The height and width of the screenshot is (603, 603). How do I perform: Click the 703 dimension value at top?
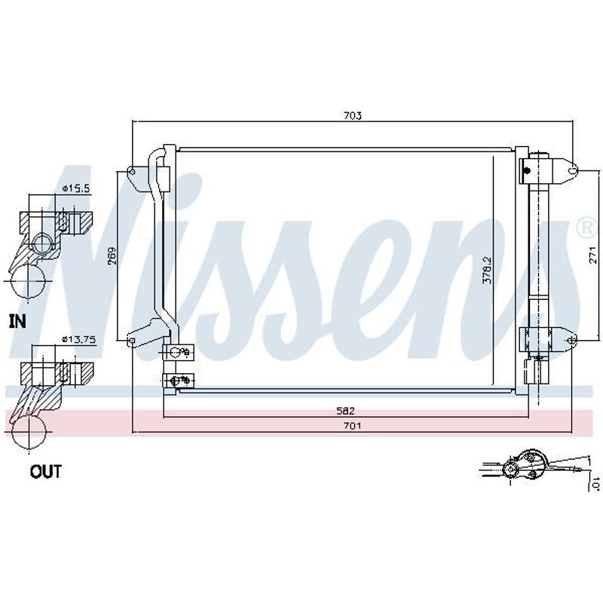(x=353, y=115)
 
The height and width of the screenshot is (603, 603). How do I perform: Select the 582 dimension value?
(x=345, y=411)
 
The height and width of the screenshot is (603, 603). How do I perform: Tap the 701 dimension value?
(x=352, y=426)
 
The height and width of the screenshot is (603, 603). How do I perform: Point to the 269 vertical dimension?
(x=112, y=255)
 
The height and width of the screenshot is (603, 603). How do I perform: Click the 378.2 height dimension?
(x=487, y=270)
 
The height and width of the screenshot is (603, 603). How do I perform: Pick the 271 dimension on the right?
(x=592, y=255)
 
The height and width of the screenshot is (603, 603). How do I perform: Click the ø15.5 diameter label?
(x=76, y=188)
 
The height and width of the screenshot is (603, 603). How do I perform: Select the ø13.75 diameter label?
(x=79, y=340)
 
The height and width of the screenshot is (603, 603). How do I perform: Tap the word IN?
(x=17, y=322)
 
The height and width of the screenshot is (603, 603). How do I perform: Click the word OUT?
(x=46, y=472)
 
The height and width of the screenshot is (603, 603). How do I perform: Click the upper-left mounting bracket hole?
(x=132, y=172)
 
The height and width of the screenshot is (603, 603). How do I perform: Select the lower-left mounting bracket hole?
(x=131, y=341)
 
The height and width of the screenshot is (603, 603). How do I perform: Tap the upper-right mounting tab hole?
(x=573, y=170)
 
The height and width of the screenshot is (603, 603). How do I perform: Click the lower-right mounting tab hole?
(x=573, y=340)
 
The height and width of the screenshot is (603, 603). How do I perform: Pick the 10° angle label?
(x=595, y=483)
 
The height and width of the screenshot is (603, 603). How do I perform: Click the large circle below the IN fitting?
(x=28, y=281)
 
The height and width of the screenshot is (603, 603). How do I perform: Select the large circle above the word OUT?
(x=29, y=432)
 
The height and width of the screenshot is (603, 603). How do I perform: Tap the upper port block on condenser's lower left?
(x=178, y=352)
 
